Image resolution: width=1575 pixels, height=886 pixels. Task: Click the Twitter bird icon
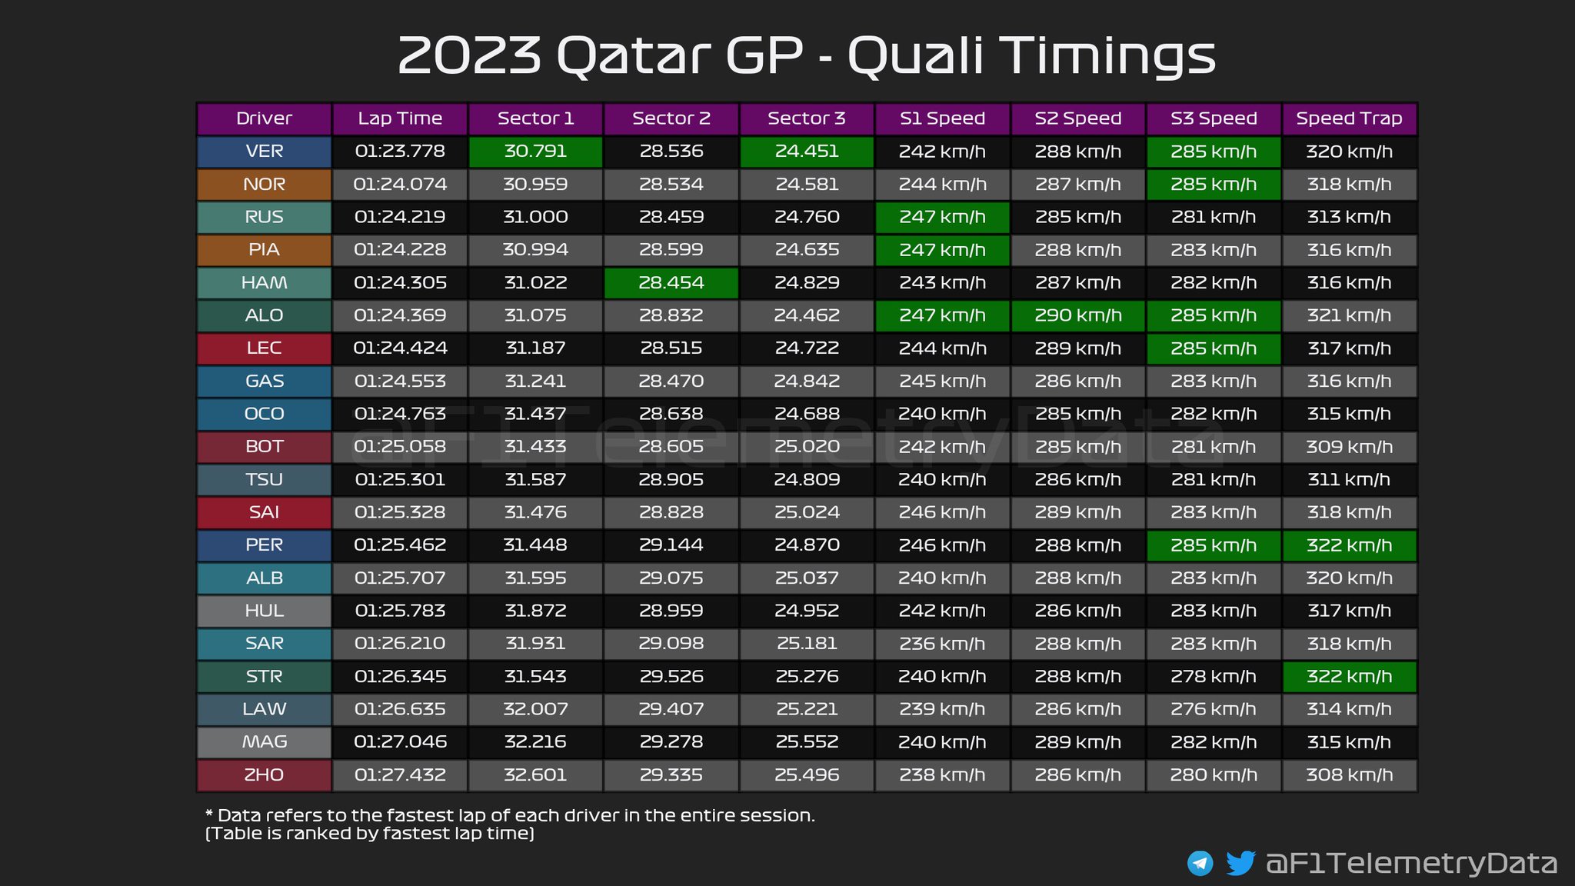click(x=1240, y=863)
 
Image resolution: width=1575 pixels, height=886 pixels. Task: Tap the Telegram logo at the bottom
click(x=1200, y=864)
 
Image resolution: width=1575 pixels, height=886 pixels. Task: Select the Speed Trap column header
click(x=1349, y=118)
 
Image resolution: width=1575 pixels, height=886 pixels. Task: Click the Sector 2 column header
click(x=671, y=118)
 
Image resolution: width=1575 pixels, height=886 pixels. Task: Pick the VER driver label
click(x=265, y=152)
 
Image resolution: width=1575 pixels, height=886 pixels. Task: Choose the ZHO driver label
click(x=265, y=775)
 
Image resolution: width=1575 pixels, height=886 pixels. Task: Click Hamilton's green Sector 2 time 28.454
click(x=671, y=283)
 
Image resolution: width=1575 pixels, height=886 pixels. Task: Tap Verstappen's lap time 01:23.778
click(x=400, y=152)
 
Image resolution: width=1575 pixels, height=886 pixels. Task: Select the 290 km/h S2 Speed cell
click(x=1078, y=315)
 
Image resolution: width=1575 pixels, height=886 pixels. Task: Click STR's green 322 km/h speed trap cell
click(x=1349, y=677)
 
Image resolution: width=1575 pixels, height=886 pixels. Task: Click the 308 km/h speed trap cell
click(x=1349, y=775)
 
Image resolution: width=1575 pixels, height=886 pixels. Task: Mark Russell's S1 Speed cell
click(x=942, y=217)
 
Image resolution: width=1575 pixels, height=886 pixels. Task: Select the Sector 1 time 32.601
click(x=535, y=775)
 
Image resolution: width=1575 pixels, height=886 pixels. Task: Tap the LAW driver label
click(x=265, y=709)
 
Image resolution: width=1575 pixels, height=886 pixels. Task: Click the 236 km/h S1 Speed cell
click(x=942, y=644)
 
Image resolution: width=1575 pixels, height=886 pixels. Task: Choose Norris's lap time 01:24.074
click(x=400, y=185)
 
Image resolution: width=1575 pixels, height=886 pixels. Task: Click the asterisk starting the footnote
click(x=209, y=814)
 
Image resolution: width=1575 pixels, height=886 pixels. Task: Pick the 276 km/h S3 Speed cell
click(x=1214, y=709)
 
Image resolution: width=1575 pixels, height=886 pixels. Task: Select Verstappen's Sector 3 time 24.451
click(x=807, y=152)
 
